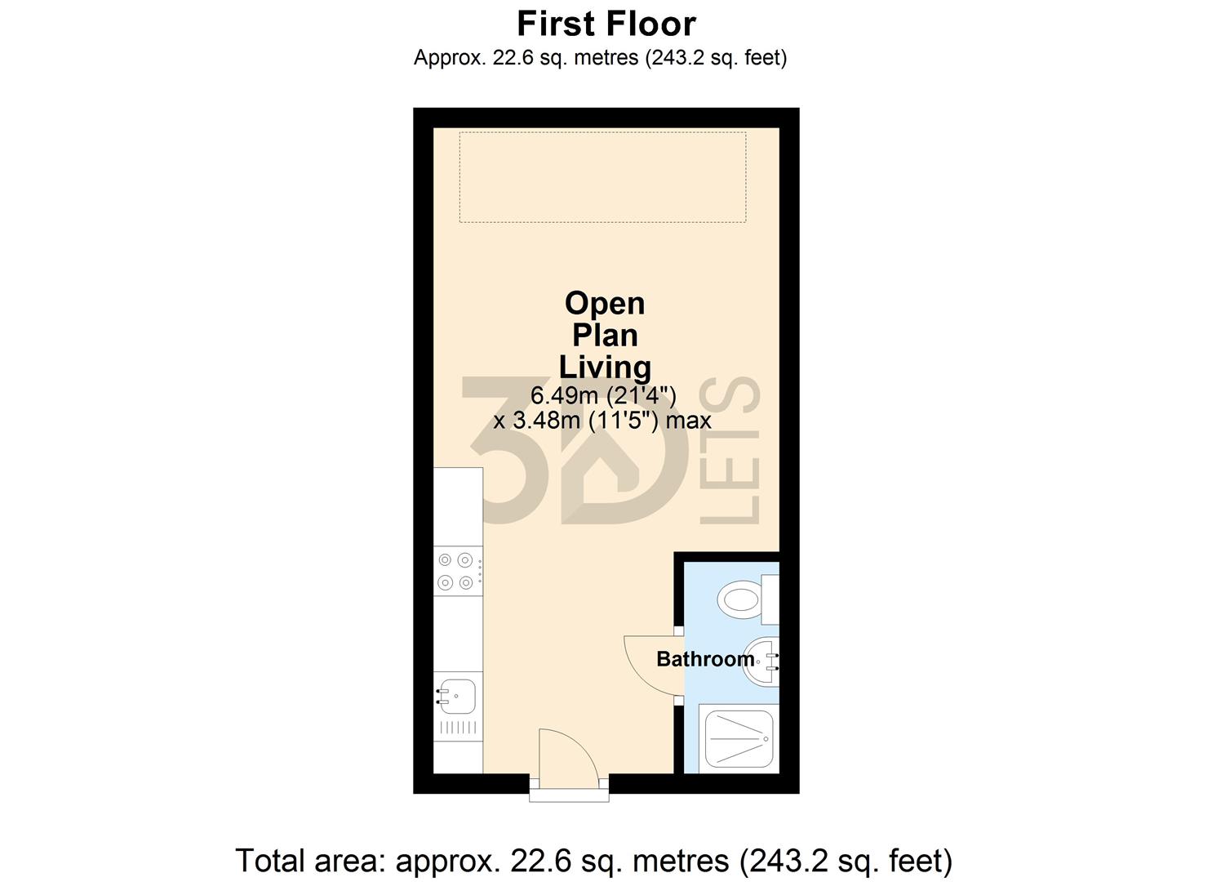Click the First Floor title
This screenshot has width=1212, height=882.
pos(606,24)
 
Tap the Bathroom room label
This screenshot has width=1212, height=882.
pos(705,659)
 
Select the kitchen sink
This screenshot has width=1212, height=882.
pos(457,696)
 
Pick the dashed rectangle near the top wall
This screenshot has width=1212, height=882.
pos(602,176)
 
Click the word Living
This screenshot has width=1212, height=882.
pos(605,367)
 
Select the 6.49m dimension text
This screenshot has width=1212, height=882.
pos(603,396)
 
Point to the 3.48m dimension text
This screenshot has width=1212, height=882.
pos(602,421)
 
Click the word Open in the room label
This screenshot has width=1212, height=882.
pos(605,304)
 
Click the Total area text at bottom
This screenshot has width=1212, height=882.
pos(593,861)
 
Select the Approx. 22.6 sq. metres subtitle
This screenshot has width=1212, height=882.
pos(600,58)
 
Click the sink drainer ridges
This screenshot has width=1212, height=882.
pos(457,728)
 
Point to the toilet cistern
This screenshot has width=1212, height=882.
pos(770,599)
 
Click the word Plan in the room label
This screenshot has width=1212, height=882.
pos(605,336)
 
